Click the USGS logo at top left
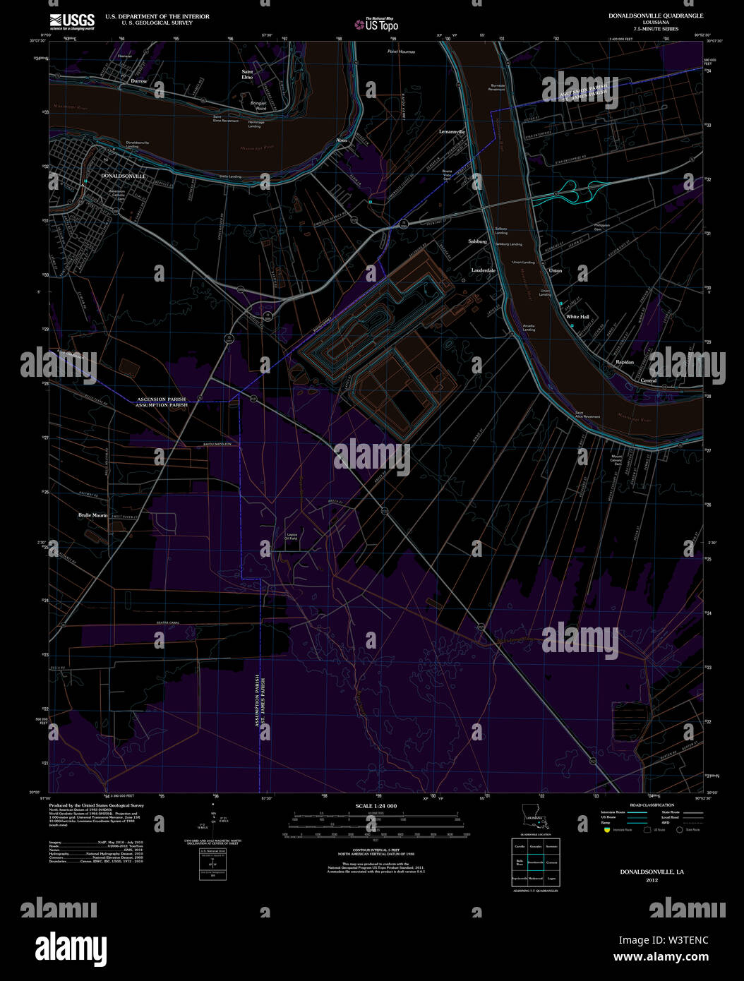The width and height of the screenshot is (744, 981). [72, 22]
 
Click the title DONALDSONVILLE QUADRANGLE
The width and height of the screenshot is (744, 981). [646, 16]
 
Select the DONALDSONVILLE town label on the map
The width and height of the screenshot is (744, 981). [124, 176]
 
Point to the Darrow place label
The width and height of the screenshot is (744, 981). [139, 81]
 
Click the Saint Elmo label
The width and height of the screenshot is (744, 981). [247, 74]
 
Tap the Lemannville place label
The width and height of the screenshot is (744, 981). [452, 132]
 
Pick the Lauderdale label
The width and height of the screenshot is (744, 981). [484, 270]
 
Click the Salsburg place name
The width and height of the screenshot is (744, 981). [478, 241]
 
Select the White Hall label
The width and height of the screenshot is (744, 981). [577, 317]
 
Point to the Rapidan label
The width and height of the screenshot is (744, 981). [625, 362]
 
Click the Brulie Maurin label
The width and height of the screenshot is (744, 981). [92, 515]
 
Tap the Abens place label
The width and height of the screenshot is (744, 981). [342, 140]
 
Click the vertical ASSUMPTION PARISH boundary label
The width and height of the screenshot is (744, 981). [257, 706]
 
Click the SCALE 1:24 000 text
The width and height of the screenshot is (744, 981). [376, 806]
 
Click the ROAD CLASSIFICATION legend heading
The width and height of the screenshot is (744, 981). [652, 805]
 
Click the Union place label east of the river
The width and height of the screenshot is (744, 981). [556, 270]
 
